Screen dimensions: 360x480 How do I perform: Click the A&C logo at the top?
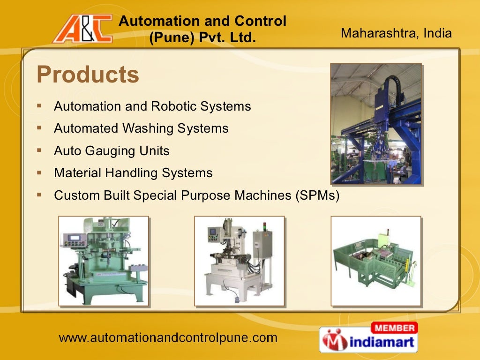[82, 29]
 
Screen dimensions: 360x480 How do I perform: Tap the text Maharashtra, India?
[396, 33]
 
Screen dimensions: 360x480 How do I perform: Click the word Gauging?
[113, 151]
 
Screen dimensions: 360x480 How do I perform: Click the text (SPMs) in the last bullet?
[317, 195]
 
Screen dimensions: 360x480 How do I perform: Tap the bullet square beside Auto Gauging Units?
[39, 150]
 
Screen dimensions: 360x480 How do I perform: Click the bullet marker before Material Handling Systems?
[39, 172]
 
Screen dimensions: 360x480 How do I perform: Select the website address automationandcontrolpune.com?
[168, 337]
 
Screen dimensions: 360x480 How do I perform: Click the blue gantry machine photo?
[376, 124]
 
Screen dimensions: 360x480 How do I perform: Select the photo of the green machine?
[104, 261]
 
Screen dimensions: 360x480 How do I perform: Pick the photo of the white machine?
[240, 261]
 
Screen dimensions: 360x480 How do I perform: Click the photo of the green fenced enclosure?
[375, 261]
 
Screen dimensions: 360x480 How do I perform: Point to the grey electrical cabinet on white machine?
[262, 244]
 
